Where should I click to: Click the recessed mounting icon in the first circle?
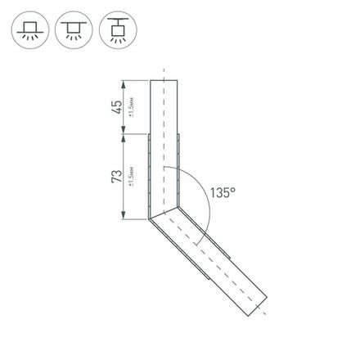coord(29,30)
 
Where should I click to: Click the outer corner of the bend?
coord(149,218)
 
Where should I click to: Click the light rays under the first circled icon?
coord(29,38)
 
